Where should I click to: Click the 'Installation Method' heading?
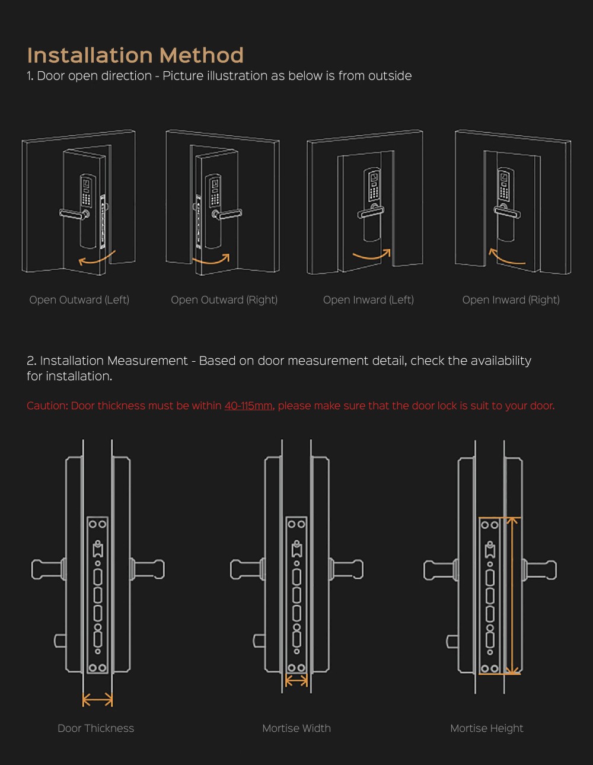tap(135, 55)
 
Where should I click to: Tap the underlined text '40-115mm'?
tap(248, 406)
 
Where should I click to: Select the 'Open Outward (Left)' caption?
tap(79, 300)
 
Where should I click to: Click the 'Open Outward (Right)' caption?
tap(224, 300)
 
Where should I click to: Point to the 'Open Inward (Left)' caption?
tap(368, 300)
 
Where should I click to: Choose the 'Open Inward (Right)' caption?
tap(511, 300)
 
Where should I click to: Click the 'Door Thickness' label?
tap(95, 728)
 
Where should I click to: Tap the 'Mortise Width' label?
tap(296, 728)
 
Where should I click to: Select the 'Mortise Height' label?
tap(487, 728)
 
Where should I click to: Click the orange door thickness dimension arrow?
tap(97, 700)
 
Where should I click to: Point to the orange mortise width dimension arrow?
tap(296, 681)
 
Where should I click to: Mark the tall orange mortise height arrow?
tap(513, 595)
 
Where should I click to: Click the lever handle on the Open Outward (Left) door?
tap(73, 214)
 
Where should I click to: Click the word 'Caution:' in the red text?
tap(47, 406)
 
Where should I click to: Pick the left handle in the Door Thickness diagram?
tap(47, 570)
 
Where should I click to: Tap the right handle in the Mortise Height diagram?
tap(540, 570)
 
